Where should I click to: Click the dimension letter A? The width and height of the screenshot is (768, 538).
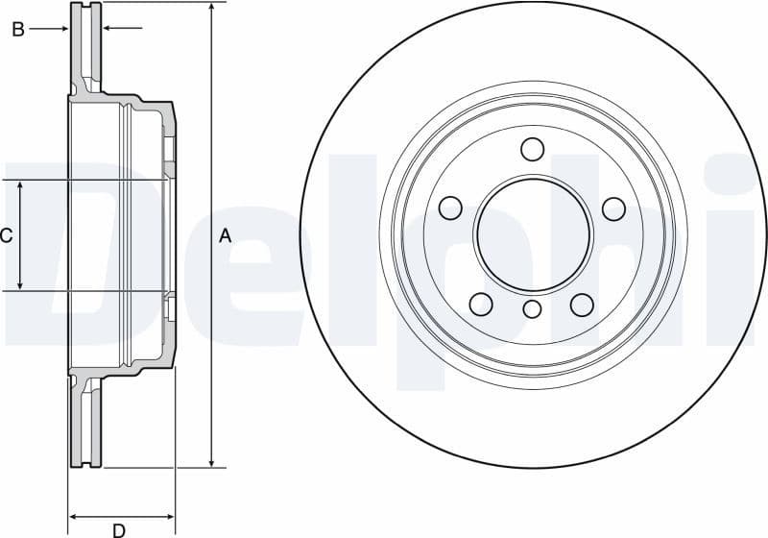pos(226,235)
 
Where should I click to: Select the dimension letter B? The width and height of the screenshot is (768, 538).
pos(17,30)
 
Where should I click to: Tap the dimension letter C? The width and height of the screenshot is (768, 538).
pos(6,235)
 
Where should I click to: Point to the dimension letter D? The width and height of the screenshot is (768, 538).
pos(119,529)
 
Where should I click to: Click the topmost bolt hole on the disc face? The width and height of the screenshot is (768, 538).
pos(532,149)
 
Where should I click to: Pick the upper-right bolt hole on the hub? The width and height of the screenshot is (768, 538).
pos(613,208)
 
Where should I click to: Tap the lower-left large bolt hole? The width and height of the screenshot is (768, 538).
pos(481,305)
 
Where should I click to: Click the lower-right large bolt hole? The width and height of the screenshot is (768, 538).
pos(582,305)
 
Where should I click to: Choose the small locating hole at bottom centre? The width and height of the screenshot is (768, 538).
pos(532,309)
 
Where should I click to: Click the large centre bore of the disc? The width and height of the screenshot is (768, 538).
pos(532,234)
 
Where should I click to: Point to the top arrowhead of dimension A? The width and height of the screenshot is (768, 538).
pos(211,8)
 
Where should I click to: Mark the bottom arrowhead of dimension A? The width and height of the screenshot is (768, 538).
pos(211,462)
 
